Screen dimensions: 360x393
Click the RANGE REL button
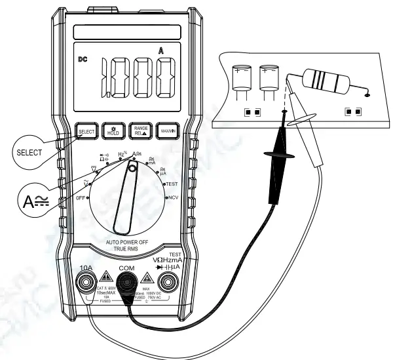coord(140,130)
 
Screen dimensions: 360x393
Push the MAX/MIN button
coord(168,130)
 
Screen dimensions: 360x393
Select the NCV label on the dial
coord(172,197)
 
